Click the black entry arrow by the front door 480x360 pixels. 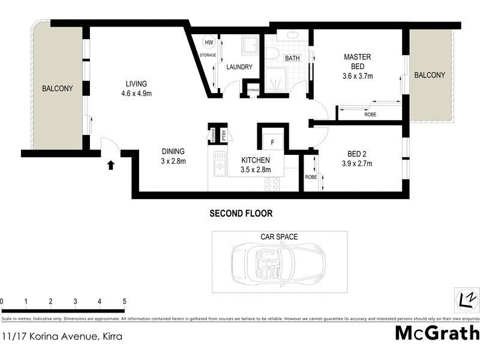tap(110, 164)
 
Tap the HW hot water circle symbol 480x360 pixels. tap(209, 43)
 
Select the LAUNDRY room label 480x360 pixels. tap(239, 67)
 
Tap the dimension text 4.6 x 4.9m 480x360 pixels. tap(136, 93)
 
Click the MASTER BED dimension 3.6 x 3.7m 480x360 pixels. tap(358, 76)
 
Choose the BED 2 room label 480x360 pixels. tap(358, 153)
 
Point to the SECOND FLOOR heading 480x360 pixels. tap(240, 213)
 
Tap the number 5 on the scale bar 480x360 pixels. tap(124, 301)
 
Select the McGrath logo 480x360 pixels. tap(437, 334)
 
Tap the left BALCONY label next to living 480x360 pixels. tap(57, 89)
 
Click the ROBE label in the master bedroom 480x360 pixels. tap(370, 114)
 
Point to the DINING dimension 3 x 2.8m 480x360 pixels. tap(173, 161)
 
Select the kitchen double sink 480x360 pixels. tap(220, 162)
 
